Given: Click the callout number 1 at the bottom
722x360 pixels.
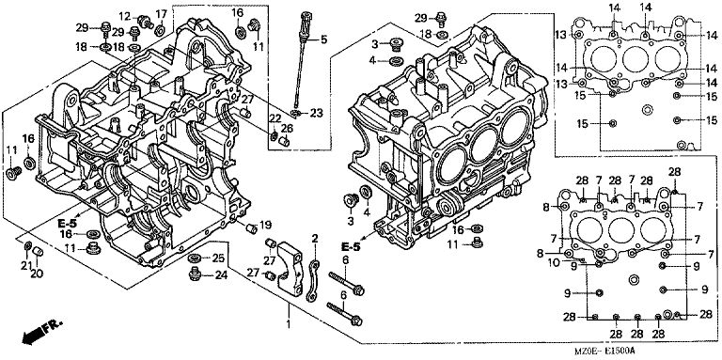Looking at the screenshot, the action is pyautogui.click(x=289, y=324).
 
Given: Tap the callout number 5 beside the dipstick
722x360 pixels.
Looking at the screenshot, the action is pyautogui.click(x=323, y=39).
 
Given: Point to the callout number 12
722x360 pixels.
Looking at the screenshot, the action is pyautogui.click(x=125, y=17).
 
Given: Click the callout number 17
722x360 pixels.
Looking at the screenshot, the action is pyautogui.click(x=161, y=14).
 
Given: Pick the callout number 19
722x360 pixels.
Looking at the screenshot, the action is pyautogui.click(x=266, y=225).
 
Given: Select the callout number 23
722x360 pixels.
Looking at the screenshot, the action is pyautogui.click(x=317, y=113).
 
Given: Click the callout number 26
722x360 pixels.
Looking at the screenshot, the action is pyautogui.click(x=287, y=129).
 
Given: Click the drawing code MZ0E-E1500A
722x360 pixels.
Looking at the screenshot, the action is pyautogui.click(x=604, y=352).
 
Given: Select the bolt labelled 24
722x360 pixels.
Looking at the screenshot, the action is pyautogui.click(x=196, y=274).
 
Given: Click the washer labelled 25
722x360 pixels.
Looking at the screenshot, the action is pyautogui.click(x=194, y=258).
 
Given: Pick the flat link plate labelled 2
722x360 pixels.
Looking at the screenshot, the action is pyautogui.click(x=312, y=280).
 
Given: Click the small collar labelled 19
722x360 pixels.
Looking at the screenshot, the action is pyautogui.click(x=251, y=228).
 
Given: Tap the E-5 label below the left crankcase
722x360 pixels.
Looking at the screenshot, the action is pyautogui.click(x=67, y=224).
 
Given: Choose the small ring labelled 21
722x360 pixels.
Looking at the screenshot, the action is pyautogui.click(x=27, y=243).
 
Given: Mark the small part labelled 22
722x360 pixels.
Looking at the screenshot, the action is pyautogui.click(x=273, y=135).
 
